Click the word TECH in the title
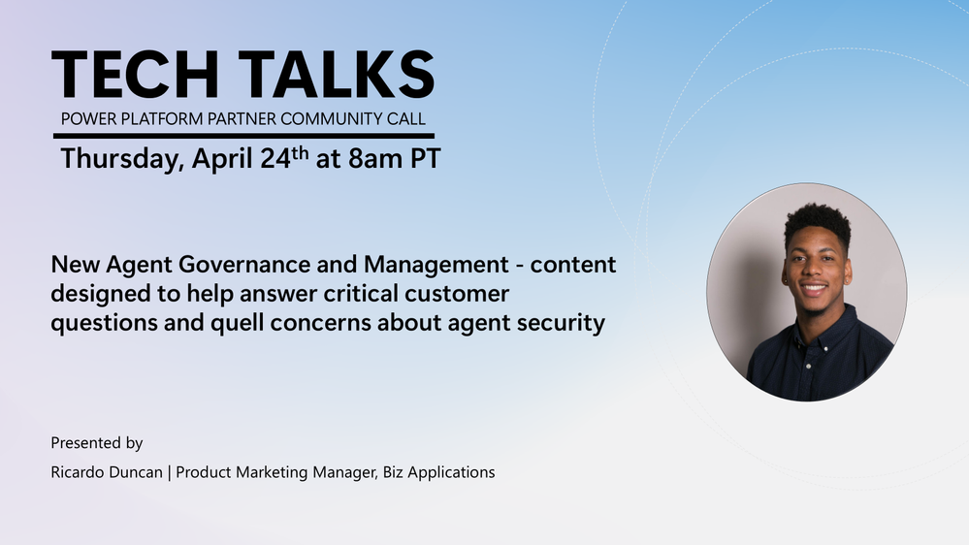[136, 75]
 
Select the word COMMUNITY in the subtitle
[331, 118]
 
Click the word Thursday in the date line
[122, 159]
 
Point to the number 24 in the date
[275, 159]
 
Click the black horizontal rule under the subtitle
[244, 136]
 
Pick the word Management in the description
[436, 265]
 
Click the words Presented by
[96, 443]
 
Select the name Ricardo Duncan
[107, 472]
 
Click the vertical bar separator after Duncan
[170, 472]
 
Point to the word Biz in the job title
[393, 472]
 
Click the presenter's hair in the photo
[818, 220]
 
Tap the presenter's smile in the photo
[813, 288]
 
